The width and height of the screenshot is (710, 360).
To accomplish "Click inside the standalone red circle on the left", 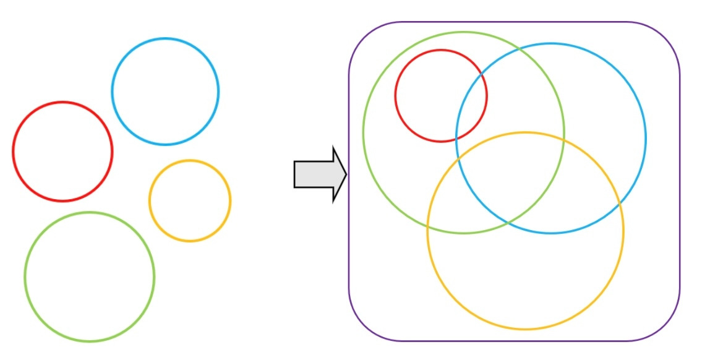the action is click(x=62, y=152).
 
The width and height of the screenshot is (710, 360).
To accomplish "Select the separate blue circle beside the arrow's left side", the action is click(x=165, y=92).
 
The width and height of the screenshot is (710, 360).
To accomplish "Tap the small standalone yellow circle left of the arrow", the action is click(x=190, y=200).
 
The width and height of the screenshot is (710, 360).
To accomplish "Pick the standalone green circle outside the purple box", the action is click(x=90, y=276).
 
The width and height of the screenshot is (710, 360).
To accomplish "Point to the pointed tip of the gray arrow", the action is click(x=346, y=174).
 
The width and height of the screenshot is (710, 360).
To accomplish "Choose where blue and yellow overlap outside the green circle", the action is click(x=588, y=186).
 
